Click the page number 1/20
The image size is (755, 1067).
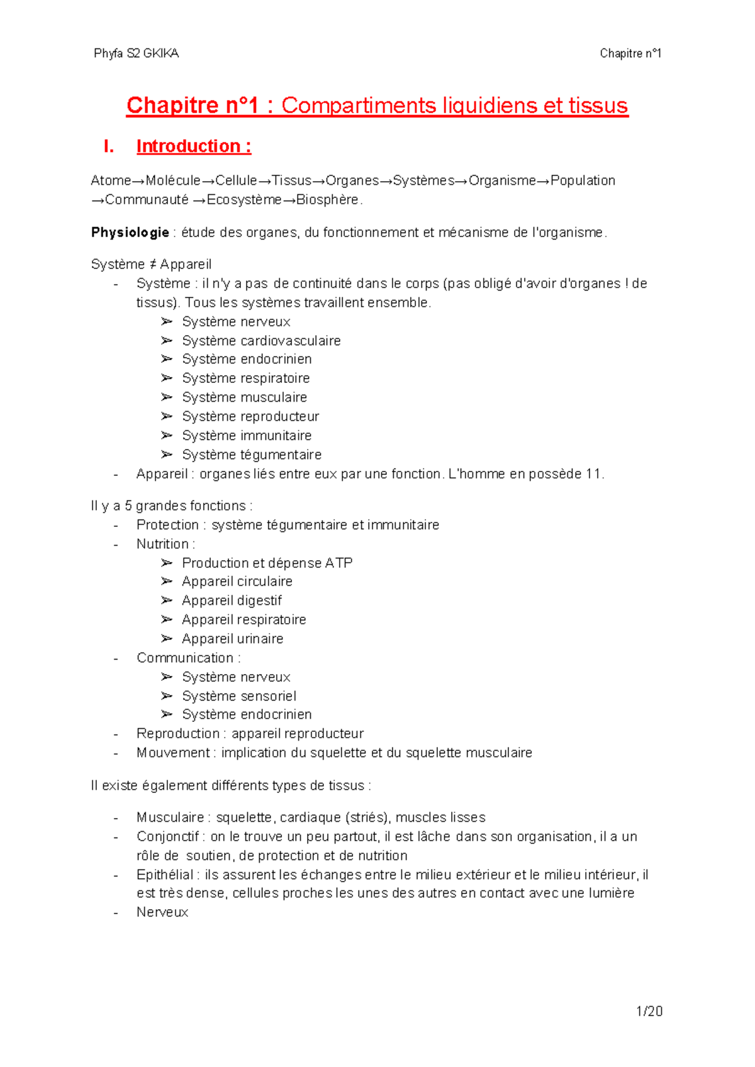649,1011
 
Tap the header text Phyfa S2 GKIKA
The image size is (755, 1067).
136,53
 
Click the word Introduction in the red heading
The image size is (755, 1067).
188,147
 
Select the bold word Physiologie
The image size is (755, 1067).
130,233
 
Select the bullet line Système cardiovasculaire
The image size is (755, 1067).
261,341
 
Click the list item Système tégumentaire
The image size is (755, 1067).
252,455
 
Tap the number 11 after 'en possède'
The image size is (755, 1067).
593,474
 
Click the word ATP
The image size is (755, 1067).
338,563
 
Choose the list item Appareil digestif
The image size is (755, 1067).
232,600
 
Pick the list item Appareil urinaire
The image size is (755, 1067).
232,639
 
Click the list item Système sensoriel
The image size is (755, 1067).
239,696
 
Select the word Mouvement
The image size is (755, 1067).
173,753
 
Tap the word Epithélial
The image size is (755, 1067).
165,875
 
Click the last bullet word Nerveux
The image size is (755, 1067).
162,912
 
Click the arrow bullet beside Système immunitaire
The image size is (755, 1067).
166,435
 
